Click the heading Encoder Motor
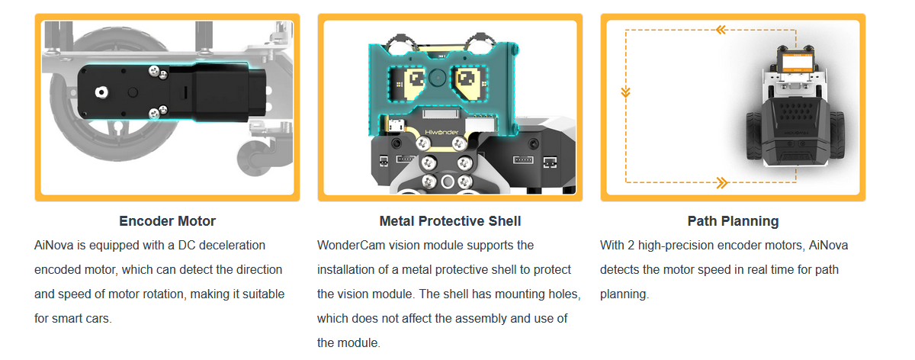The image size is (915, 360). coord(167,221)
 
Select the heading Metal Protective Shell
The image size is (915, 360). coord(450,221)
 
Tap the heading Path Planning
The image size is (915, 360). coord(733,221)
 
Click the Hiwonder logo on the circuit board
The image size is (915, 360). coord(441,132)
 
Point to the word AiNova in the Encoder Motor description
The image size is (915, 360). coord(54,245)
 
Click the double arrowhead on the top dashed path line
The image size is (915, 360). coord(721,30)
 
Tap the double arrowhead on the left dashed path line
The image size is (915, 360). coord(625,93)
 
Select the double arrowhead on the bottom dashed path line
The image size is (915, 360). coord(722,182)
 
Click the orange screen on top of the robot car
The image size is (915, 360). coord(797,63)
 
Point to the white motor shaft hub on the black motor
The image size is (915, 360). coord(101,92)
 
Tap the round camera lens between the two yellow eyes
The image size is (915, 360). coord(438,77)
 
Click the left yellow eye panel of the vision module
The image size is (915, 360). coord(410,83)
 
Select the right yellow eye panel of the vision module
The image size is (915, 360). coord(468,83)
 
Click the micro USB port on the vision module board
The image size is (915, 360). coord(395,125)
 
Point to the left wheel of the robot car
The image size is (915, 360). coord(754,135)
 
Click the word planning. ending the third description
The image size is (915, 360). coord(624,294)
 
